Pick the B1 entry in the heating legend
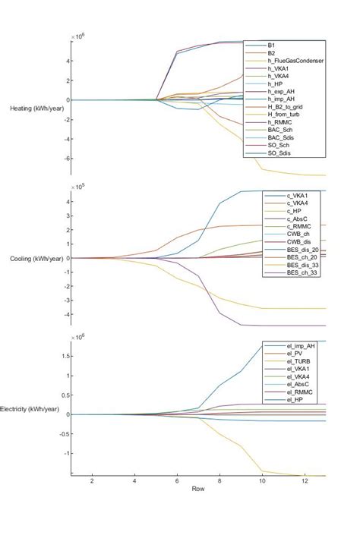pyautogui.click(x=272, y=46)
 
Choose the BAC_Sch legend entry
pyautogui.click(x=283, y=131)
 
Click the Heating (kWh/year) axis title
pyautogui.click(x=36, y=109)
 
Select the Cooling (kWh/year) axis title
pyautogui.click(x=36, y=259)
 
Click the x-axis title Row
pyautogui.click(x=197, y=489)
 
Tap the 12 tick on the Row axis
pyautogui.click(x=304, y=481)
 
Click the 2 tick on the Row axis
pyautogui.click(x=92, y=481)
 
